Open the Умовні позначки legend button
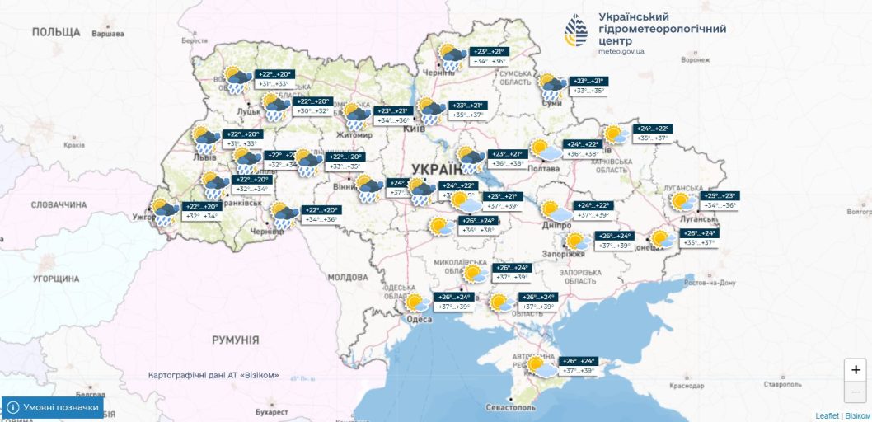point(54,407)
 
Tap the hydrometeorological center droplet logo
point(576,30)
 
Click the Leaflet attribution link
point(827,415)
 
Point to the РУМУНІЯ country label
point(235,340)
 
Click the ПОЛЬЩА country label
point(56,32)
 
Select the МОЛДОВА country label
point(347,278)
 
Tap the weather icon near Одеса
point(415,302)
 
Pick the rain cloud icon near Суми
point(551,86)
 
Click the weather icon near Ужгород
point(162,212)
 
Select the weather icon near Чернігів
point(451,56)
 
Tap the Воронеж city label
point(695,60)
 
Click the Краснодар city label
point(687,385)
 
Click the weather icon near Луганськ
point(682,201)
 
